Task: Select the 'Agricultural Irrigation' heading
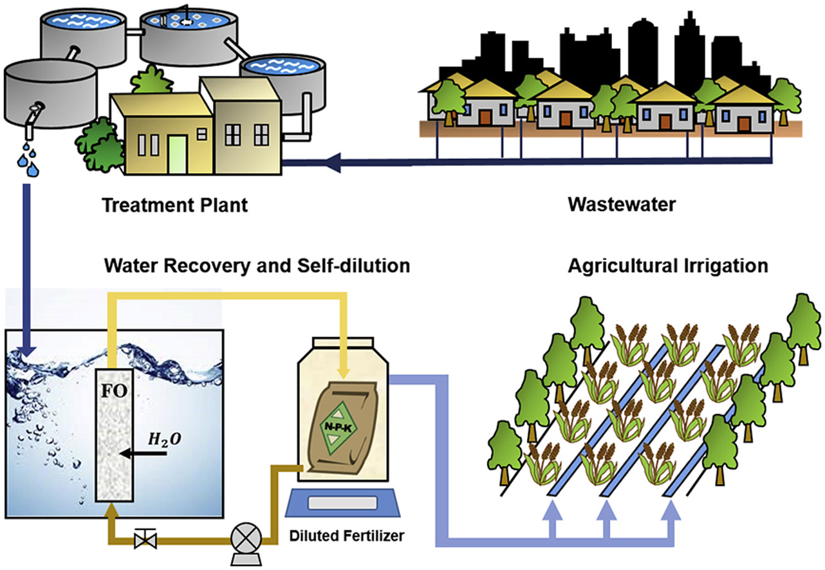667,266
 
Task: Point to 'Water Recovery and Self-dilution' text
257,266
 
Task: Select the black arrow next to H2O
141,454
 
